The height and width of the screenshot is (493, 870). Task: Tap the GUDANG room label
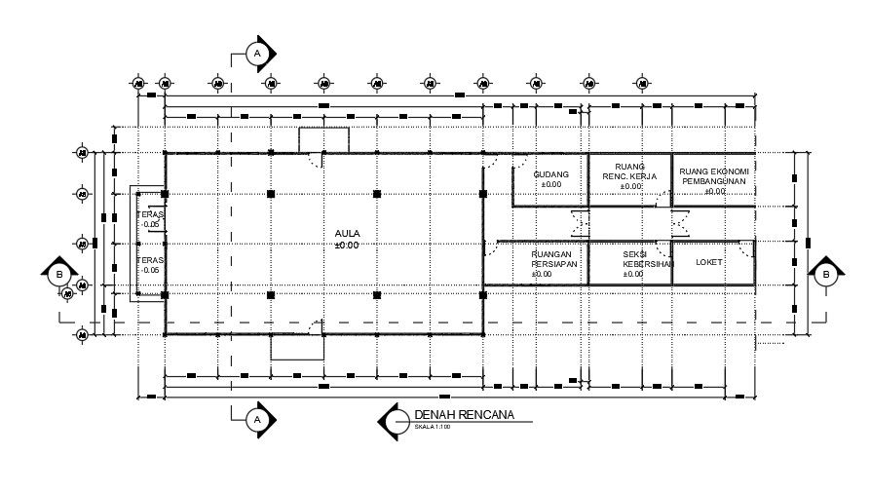pos(551,174)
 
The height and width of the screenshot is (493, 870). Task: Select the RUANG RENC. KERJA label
pos(630,171)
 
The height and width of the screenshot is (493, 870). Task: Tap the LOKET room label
pos(709,262)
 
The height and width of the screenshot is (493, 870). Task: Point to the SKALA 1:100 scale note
pos(433,427)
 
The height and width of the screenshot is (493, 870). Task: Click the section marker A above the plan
pos(257,54)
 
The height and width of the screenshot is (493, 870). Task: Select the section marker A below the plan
pos(257,420)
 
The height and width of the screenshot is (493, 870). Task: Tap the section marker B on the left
pos(59,275)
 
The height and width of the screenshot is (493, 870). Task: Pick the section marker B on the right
pos(826,275)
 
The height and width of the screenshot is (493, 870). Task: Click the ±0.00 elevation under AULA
pos(347,245)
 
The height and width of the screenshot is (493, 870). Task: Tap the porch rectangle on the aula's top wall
pos(323,139)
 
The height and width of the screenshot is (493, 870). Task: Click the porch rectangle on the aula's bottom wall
pos(296,347)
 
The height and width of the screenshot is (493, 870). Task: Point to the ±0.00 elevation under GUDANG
pos(551,184)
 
